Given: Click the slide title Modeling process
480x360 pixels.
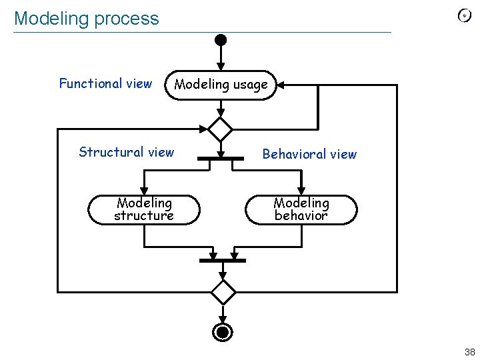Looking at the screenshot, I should click(x=87, y=19).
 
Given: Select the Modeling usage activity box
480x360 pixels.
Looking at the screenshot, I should click(x=221, y=85).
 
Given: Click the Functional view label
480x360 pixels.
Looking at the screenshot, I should click(x=105, y=83).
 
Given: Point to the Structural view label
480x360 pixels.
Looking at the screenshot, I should click(x=126, y=152).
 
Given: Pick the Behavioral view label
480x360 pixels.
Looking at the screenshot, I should click(x=309, y=154).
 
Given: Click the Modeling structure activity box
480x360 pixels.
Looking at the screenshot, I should click(x=144, y=209).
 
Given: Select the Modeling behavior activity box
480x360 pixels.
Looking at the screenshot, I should click(x=301, y=209).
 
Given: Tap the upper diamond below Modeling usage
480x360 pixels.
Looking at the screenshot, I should click(x=220, y=129).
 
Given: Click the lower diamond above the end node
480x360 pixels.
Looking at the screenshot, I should click(x=223, y=291).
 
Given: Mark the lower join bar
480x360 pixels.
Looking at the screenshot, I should click(x=223, y=261).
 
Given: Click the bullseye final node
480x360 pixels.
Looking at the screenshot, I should click(x=223, y=332).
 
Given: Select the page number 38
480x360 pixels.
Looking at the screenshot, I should click(x=469, y=352).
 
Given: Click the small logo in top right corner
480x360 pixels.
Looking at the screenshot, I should click(x=465, y=16).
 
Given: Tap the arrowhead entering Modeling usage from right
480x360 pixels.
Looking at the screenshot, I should click(x=281, y=85).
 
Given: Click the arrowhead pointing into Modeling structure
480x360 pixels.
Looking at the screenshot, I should click(x=143, y=191).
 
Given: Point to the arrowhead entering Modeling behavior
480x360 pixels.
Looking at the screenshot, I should click(x=301, y=191).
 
